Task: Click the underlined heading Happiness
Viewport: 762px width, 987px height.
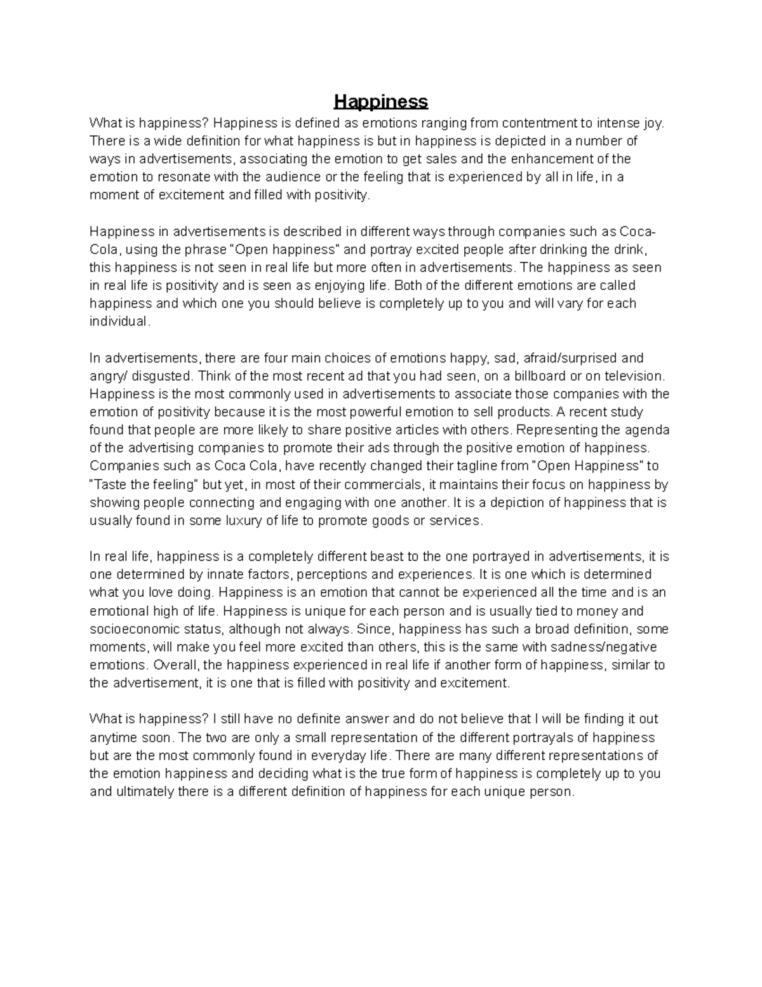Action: coord(381,102)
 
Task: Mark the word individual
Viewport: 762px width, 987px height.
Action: coord(120,322)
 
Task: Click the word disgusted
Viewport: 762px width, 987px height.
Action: coord(167,376)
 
